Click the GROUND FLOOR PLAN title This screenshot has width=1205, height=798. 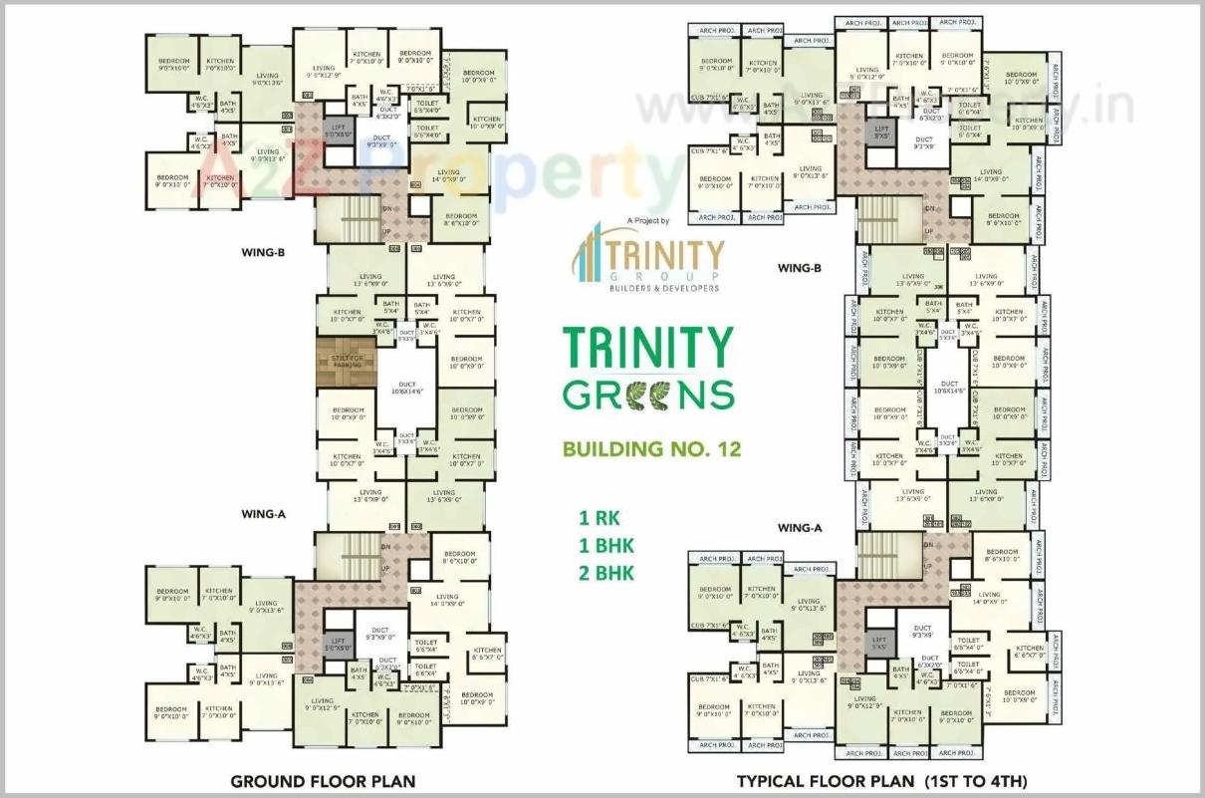[x=323, y=781]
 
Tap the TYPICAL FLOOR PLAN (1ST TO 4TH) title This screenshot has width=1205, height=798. [x=881, y=781]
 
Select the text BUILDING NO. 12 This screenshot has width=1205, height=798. [x=652, y=448]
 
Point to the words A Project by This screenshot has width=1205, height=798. [x=649, y=220]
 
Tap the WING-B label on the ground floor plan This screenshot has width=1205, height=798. [x=263, y=253]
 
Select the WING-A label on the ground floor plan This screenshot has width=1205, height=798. [x=263, y=514]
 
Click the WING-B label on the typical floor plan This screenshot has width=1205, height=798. [x=799, y=268]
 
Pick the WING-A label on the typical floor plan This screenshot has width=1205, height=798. [x=799, y=528]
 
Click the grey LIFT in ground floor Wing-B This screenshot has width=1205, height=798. [x=337, y=132]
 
